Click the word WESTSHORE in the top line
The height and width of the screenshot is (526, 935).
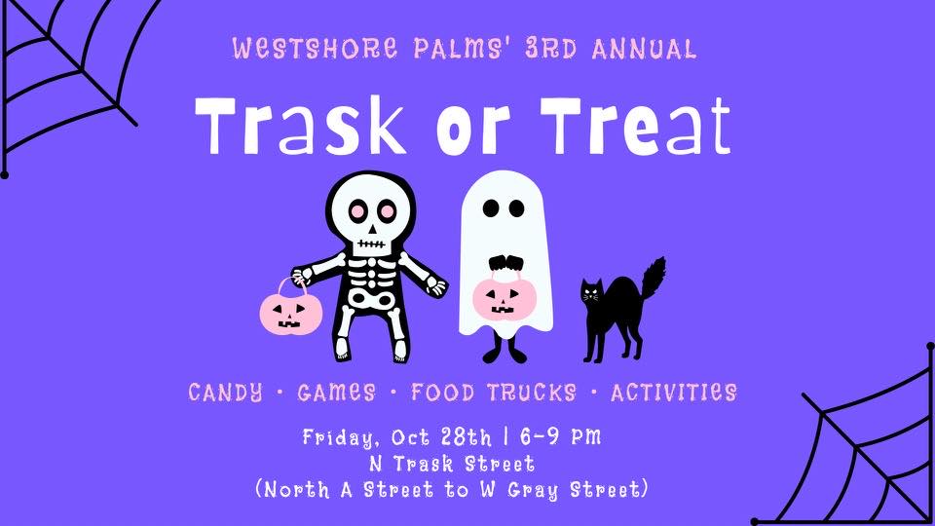point(315,49)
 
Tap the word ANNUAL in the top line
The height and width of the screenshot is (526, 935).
point(644,49)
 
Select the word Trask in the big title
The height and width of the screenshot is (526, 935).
point(301,127)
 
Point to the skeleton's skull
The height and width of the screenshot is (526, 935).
point(371,211)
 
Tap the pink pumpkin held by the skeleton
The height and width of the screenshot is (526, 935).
point(291,311)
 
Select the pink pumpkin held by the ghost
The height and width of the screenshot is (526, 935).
point(505,298)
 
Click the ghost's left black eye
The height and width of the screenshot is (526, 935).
point(491,208)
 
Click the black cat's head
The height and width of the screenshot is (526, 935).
point(591,293)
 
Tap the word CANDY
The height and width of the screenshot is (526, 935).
point(225,393)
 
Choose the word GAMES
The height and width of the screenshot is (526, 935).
point(336,393)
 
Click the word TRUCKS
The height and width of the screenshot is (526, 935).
point(532,393)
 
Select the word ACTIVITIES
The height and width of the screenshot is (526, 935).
point(674,393)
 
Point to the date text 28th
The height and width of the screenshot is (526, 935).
point(467,437)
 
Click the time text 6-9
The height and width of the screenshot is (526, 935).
point(540,436)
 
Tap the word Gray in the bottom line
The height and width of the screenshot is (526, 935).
point(533,490)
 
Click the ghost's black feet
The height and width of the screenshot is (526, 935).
point(505,353)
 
